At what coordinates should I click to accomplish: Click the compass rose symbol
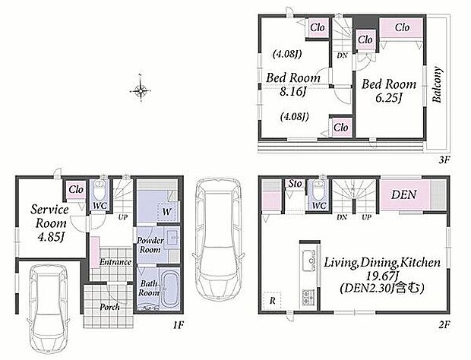pyautogui.click(x=141, y=90)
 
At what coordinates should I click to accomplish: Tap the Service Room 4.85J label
pyautogui.click(x=50, y=223)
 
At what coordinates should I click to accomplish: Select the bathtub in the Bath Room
pyautogui.click(x=169, y=289)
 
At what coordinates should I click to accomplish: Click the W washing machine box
pyautogui.click(x=167, y=211)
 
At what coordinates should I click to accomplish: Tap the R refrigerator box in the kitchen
pyautogui.click(x=272, y=300)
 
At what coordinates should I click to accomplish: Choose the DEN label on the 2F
pyautogui.click(x=404, y=194)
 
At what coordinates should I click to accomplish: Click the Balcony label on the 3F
pyautogui.click(x=438, y=84)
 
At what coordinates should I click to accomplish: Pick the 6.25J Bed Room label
pyautogui.click(x=389, y=90)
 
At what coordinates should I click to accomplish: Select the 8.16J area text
pyautogui.click(x=292, y=92)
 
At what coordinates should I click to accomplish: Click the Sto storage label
pyautogui.click(x=295, y=184)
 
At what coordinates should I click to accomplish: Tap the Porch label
pyautogui.click(x=110, y=307)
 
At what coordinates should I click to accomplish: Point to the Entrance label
pyautogui.click(x=115, y=262)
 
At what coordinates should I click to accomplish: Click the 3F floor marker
pyautogui.click(x=444, y=159)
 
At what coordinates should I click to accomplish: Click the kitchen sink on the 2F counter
pyautogui.click(x=309, y=261)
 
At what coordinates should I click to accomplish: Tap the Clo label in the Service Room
pyautogui.click(x=76, y=189)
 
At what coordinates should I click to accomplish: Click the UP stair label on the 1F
pyautogui.click(x=123, y=216)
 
